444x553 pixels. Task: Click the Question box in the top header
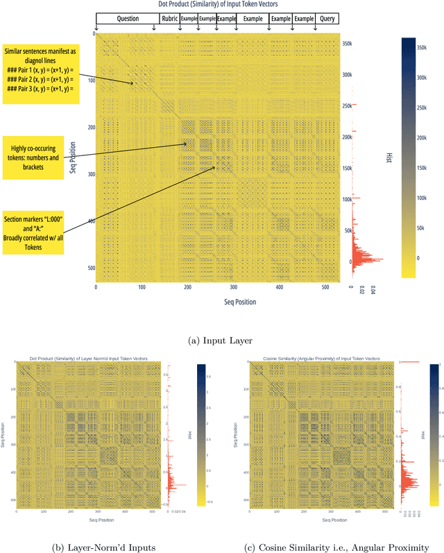[128, 19]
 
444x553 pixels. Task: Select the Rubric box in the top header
[169, 19]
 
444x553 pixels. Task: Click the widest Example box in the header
[253, 19]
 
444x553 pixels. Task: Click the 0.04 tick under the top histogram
[373, 290]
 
